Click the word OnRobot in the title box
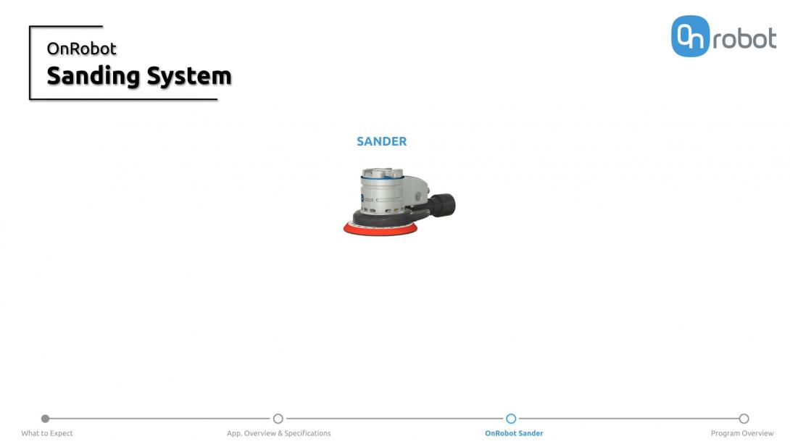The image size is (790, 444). [81, 49]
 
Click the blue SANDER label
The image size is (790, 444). [381, 141]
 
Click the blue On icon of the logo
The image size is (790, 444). [689, 36]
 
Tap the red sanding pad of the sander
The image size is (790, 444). [381, 230]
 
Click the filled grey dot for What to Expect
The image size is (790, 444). [45, 419]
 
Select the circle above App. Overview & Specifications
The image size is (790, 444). [278, 419]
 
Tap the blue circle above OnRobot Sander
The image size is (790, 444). [511, 419]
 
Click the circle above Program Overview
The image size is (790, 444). [744, 419]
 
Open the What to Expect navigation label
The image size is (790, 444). [47, 433]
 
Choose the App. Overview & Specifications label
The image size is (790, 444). [278, 433]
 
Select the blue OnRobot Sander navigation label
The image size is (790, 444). [514, 433]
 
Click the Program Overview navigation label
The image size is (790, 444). [742, 433]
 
